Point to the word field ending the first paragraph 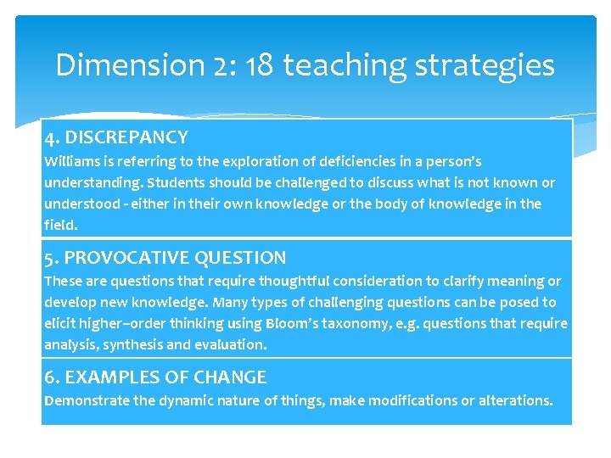59,225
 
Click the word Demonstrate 87,400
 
